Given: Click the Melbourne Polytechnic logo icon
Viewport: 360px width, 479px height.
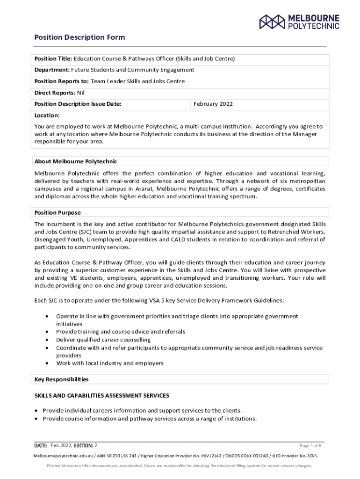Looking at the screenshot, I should coord(272,22).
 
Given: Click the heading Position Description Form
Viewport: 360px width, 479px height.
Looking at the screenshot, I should coord(79,37).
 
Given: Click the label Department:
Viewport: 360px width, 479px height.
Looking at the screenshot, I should coord(52,70).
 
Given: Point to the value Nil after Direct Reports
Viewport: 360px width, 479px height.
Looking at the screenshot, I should coord(81,93).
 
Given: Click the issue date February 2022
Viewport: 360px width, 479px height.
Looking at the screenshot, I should coord(213,104).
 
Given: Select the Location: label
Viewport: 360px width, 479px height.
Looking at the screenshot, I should coord(47,115).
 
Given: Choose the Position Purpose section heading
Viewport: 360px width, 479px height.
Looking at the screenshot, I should coord(58,212).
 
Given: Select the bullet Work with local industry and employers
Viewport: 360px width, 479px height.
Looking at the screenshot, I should coord(110,363).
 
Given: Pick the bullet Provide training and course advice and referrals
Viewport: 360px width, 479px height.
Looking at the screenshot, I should coord(121,332).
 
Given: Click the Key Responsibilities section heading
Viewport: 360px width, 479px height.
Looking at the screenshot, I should coord(62,379).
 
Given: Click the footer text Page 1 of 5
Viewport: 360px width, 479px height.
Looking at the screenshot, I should coord(310,445).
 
